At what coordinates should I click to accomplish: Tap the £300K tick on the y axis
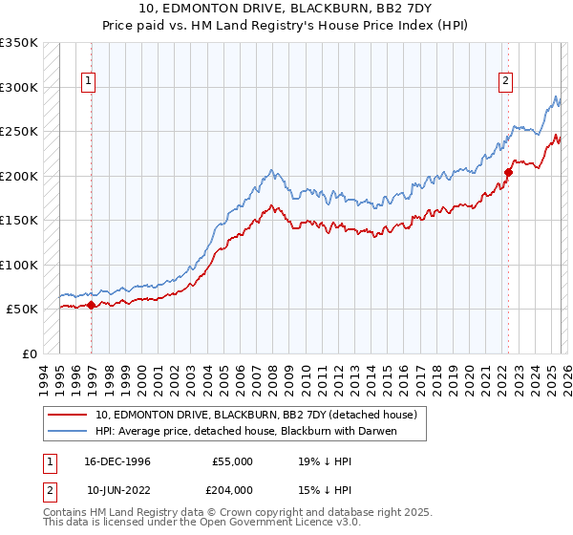(x=20, y=87)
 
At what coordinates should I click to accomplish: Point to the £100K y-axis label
(x=20, y=265)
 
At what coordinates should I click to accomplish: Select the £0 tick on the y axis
(x=29, y=353)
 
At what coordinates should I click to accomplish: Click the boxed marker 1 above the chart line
(x=88, y=82)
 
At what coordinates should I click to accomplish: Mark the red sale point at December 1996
(x=92, y=305)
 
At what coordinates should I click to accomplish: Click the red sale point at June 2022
(x=508, y=173)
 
